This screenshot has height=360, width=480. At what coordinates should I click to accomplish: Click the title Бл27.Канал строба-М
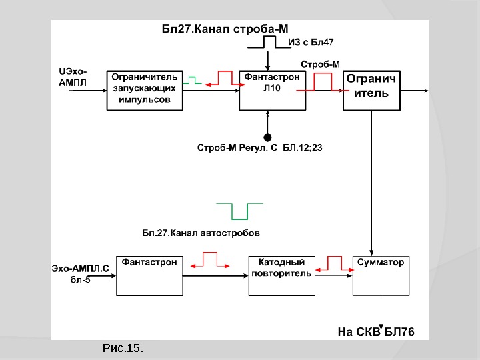[226, 28]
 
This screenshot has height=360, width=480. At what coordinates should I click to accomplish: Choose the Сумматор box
[380, 275]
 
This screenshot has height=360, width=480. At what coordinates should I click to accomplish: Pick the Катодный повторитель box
[281, 275]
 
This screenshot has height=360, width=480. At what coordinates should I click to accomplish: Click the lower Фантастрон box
[150, 275]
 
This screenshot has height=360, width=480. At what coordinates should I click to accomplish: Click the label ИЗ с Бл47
[311, 42]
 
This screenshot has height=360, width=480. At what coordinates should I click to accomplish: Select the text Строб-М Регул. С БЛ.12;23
[260, 147]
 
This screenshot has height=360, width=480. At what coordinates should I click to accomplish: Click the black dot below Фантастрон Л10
[267, 137]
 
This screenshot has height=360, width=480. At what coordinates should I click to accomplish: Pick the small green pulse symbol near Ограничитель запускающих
[193, 80]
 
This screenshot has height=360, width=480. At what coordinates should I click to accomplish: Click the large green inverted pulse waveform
[239, 210]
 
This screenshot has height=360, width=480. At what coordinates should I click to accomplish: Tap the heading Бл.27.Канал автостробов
[201, 233]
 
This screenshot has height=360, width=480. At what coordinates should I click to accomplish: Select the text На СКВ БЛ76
[376, 331]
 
